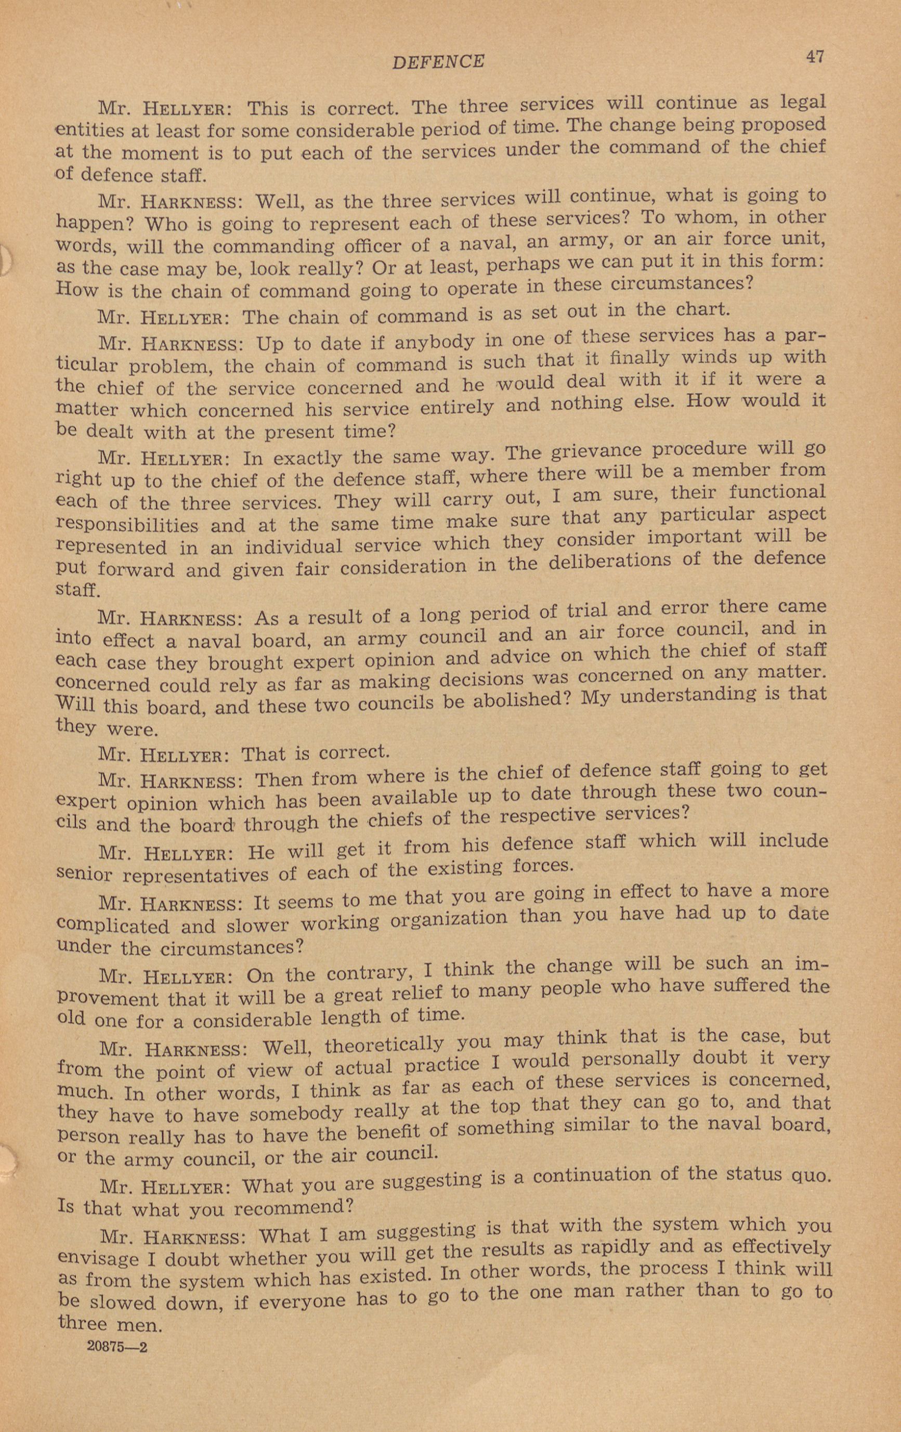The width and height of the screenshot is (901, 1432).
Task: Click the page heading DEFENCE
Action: [438, 61]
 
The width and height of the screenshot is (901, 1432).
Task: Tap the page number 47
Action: [815, 57]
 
